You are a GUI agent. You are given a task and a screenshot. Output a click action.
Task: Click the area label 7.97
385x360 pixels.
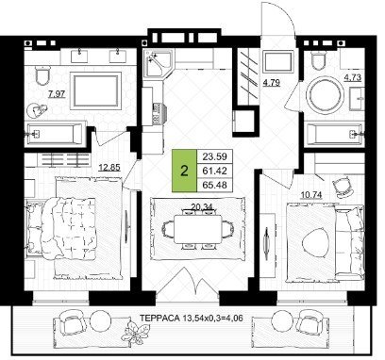(57, 93)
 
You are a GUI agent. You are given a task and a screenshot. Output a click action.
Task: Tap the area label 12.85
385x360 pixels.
(109, 168)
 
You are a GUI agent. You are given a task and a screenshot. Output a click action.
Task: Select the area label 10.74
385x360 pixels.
(311, 195)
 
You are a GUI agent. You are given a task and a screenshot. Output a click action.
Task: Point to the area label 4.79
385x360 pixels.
(272, 83)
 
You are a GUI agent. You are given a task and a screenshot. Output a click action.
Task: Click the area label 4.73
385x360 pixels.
(353, 77)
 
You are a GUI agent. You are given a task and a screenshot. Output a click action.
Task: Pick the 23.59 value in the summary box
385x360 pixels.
(214, 156)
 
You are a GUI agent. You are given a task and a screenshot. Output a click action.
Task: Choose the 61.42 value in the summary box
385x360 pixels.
(214, 171)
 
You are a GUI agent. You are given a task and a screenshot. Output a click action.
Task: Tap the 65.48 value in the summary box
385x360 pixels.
(214, 185)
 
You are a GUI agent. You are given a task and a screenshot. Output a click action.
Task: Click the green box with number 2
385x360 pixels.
(184, 171)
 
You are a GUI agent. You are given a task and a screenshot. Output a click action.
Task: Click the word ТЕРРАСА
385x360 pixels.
(159, 318)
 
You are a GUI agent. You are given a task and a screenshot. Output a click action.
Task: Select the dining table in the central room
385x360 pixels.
(198, 229)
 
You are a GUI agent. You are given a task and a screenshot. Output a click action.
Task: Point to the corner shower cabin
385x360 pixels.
(158, 63)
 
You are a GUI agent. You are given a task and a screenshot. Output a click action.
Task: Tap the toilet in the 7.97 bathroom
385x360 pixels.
(42, 75)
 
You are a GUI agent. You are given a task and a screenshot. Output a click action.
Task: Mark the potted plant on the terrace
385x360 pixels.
(136, 333)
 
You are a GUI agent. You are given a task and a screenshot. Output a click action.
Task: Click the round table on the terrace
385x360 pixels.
(100, 319)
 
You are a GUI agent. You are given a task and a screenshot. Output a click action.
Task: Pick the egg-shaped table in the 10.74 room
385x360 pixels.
(315, 242)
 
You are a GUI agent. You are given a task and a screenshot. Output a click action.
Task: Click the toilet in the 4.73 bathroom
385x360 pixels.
(319, 61)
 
